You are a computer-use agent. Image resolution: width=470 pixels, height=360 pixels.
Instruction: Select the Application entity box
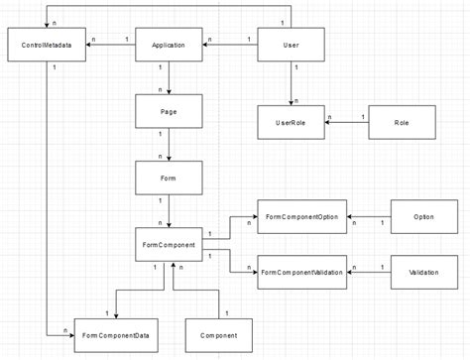(170, 46)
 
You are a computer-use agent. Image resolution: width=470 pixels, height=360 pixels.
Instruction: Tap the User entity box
(291, 46)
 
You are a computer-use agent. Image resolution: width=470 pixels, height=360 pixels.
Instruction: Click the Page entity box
(170, 111)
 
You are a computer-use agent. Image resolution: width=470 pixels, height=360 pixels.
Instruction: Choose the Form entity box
(170, 178)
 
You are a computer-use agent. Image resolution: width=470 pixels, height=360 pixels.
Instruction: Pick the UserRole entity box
(291, 122)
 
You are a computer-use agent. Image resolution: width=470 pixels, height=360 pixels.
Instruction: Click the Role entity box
(401, 122)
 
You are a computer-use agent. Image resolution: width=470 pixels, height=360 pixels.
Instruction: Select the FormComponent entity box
(170, 243)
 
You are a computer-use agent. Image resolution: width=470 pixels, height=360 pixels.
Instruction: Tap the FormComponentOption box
(301, 216)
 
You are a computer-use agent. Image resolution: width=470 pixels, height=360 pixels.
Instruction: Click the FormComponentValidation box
(301, 271)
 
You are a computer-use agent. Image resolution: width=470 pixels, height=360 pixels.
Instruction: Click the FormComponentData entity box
(115, 336)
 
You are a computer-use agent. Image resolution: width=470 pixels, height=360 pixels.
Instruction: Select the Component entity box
(219, 336)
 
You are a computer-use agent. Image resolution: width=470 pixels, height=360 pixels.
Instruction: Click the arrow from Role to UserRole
(346, 123)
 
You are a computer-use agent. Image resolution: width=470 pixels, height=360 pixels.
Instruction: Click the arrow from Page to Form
(170, 144)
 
